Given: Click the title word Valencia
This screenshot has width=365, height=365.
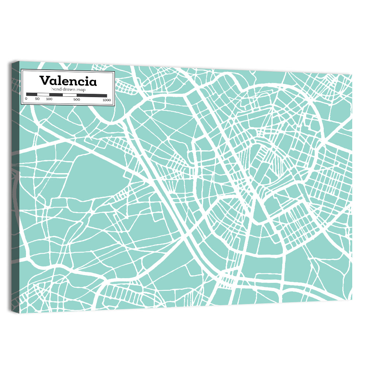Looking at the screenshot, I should [68, 81].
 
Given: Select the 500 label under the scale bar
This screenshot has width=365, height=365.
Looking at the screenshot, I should [77, 99].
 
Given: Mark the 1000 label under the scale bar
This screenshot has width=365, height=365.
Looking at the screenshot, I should [107, 100].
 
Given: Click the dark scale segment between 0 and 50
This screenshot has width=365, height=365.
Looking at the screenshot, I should [31, 95].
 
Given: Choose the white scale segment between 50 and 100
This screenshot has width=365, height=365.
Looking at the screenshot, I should [43, 95].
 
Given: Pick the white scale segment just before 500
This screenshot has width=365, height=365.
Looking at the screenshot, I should [69, 95].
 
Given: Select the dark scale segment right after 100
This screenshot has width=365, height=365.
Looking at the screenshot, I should [56, 95].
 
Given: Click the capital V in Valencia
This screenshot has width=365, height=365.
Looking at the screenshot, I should [45, 81].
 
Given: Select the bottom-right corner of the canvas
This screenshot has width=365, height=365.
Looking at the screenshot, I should [352, 300].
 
